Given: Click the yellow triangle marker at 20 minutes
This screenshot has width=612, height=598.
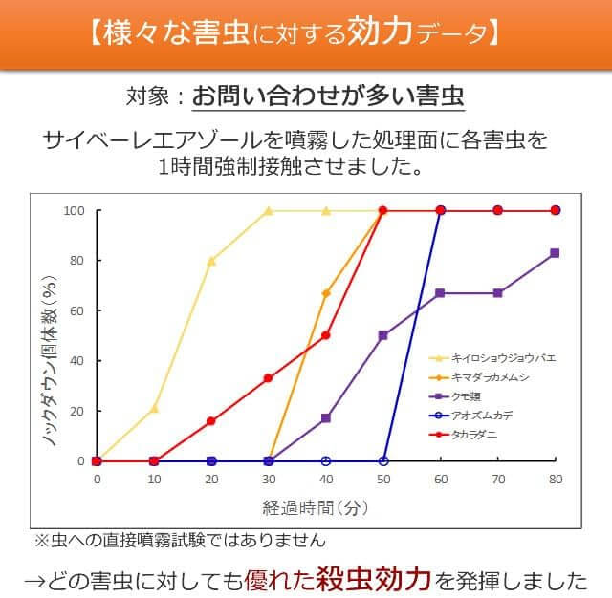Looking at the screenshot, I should tap(211, 261).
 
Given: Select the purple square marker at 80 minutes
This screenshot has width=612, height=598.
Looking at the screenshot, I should tap(555, 253).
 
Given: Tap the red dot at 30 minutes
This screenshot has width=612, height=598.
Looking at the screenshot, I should tap(269, 378).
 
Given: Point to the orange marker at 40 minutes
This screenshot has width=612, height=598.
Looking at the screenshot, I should tap(326, 293).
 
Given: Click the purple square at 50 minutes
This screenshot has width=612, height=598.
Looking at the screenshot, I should tap(383, 335).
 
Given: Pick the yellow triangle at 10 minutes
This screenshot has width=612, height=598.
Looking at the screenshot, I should tap(154, 408).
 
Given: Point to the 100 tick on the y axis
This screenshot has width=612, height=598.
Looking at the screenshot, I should tap(75, 210).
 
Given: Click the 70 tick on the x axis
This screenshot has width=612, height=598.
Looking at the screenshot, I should tap(497, 480).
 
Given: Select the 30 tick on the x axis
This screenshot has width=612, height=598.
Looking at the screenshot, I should tap(269, 480).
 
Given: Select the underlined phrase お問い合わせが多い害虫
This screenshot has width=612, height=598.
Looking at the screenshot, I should tap(328, 96).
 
